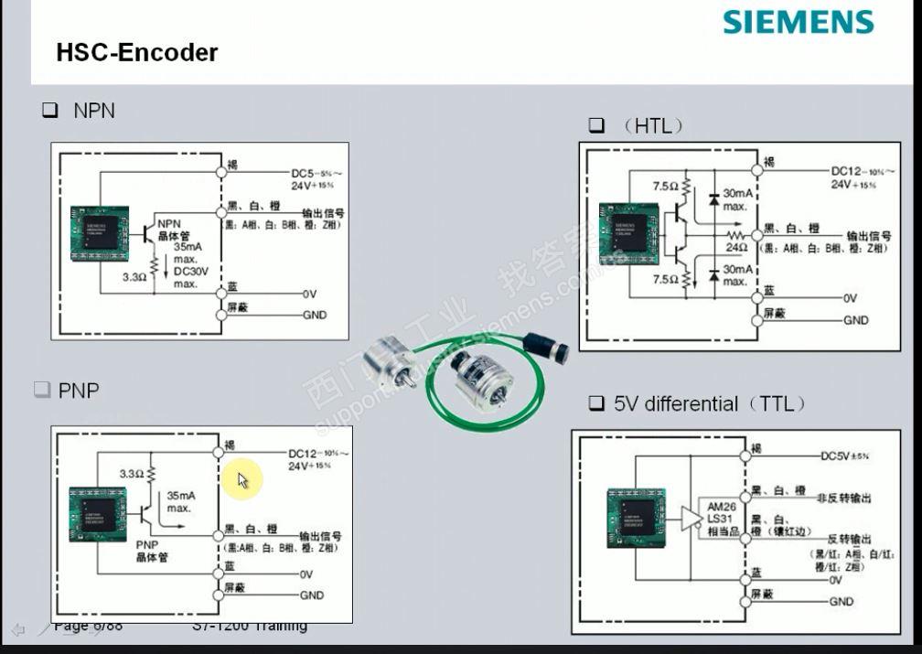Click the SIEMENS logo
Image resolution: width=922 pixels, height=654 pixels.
[x=798, y=22]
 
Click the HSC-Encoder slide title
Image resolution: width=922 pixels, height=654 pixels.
[x=137, y=52]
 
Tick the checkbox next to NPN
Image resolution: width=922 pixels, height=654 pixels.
[x=49, y=112]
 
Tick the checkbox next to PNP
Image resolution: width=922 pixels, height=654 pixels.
[x=41, y=391]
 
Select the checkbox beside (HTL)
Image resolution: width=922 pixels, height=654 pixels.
[x=597, y=125]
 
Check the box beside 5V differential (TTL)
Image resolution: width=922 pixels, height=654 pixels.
[x=596, y=403]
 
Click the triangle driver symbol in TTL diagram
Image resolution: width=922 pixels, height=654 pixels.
[x=691, y=519]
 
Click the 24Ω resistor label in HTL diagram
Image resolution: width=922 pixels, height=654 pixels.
[x=737, y=246]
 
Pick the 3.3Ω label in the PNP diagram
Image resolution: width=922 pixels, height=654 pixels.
[x=132, y=474]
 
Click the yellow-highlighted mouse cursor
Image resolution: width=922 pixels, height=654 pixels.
[x=243, y=479]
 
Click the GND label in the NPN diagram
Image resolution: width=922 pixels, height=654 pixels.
[x=314, y=316]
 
